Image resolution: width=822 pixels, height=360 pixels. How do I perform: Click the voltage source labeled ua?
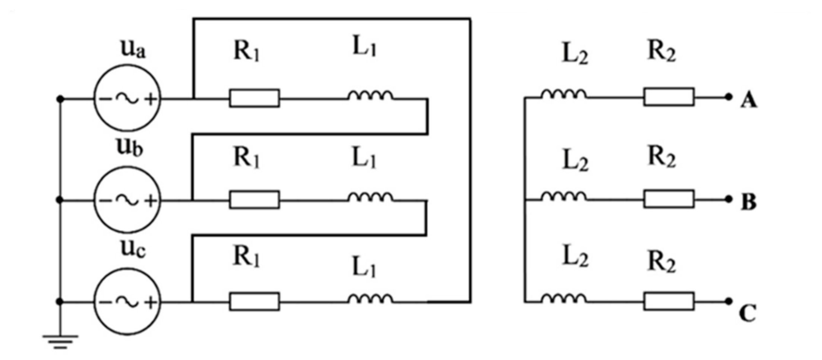pos(127,98)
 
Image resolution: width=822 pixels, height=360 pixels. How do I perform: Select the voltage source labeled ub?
pos(127,200)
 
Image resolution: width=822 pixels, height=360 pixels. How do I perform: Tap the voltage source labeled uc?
pos(127,302)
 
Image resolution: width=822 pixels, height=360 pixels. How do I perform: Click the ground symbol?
pos(60,341)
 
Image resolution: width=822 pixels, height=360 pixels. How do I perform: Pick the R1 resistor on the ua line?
pos(254,98)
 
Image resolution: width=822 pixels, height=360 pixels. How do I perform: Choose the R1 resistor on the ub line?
pos(254,200)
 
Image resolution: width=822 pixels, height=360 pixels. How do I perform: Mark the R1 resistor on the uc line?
pos(254,301)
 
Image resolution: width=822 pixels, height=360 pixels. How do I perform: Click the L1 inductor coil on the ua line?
pos(370,96)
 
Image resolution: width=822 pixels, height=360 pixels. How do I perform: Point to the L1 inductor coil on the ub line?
pos(370,198)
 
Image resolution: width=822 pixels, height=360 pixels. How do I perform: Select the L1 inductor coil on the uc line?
pos(370,299)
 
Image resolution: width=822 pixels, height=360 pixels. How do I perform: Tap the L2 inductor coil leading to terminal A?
pos(563,95)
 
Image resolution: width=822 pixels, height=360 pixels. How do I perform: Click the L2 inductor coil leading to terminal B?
pos(563,196)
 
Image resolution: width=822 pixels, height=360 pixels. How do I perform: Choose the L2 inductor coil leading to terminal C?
pos(563,299)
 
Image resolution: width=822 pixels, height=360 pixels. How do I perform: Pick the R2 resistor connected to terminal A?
pos(669,97)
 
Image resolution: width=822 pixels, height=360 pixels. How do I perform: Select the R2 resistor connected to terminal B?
pos(669,199)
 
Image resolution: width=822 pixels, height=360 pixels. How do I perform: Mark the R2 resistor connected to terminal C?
pos(669,301)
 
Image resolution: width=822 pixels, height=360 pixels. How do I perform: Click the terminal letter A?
pos(748,101)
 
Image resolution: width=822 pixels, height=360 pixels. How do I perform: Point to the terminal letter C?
pos(747,313)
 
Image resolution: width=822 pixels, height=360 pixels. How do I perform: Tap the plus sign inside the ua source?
pos(151,99)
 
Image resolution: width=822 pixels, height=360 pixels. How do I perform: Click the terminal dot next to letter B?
pos(728,199)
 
